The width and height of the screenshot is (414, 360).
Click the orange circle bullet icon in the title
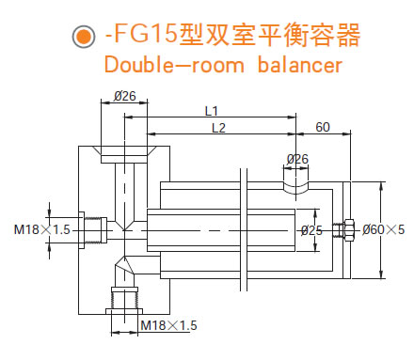coord(83,37)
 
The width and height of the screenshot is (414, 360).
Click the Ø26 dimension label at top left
coord(124,96)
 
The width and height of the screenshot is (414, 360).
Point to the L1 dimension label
coord(211,111)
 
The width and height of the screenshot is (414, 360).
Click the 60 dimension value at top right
coord(323,127)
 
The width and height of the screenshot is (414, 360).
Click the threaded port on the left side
coord(90,228)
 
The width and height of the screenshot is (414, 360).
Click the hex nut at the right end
coord(347,228)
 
